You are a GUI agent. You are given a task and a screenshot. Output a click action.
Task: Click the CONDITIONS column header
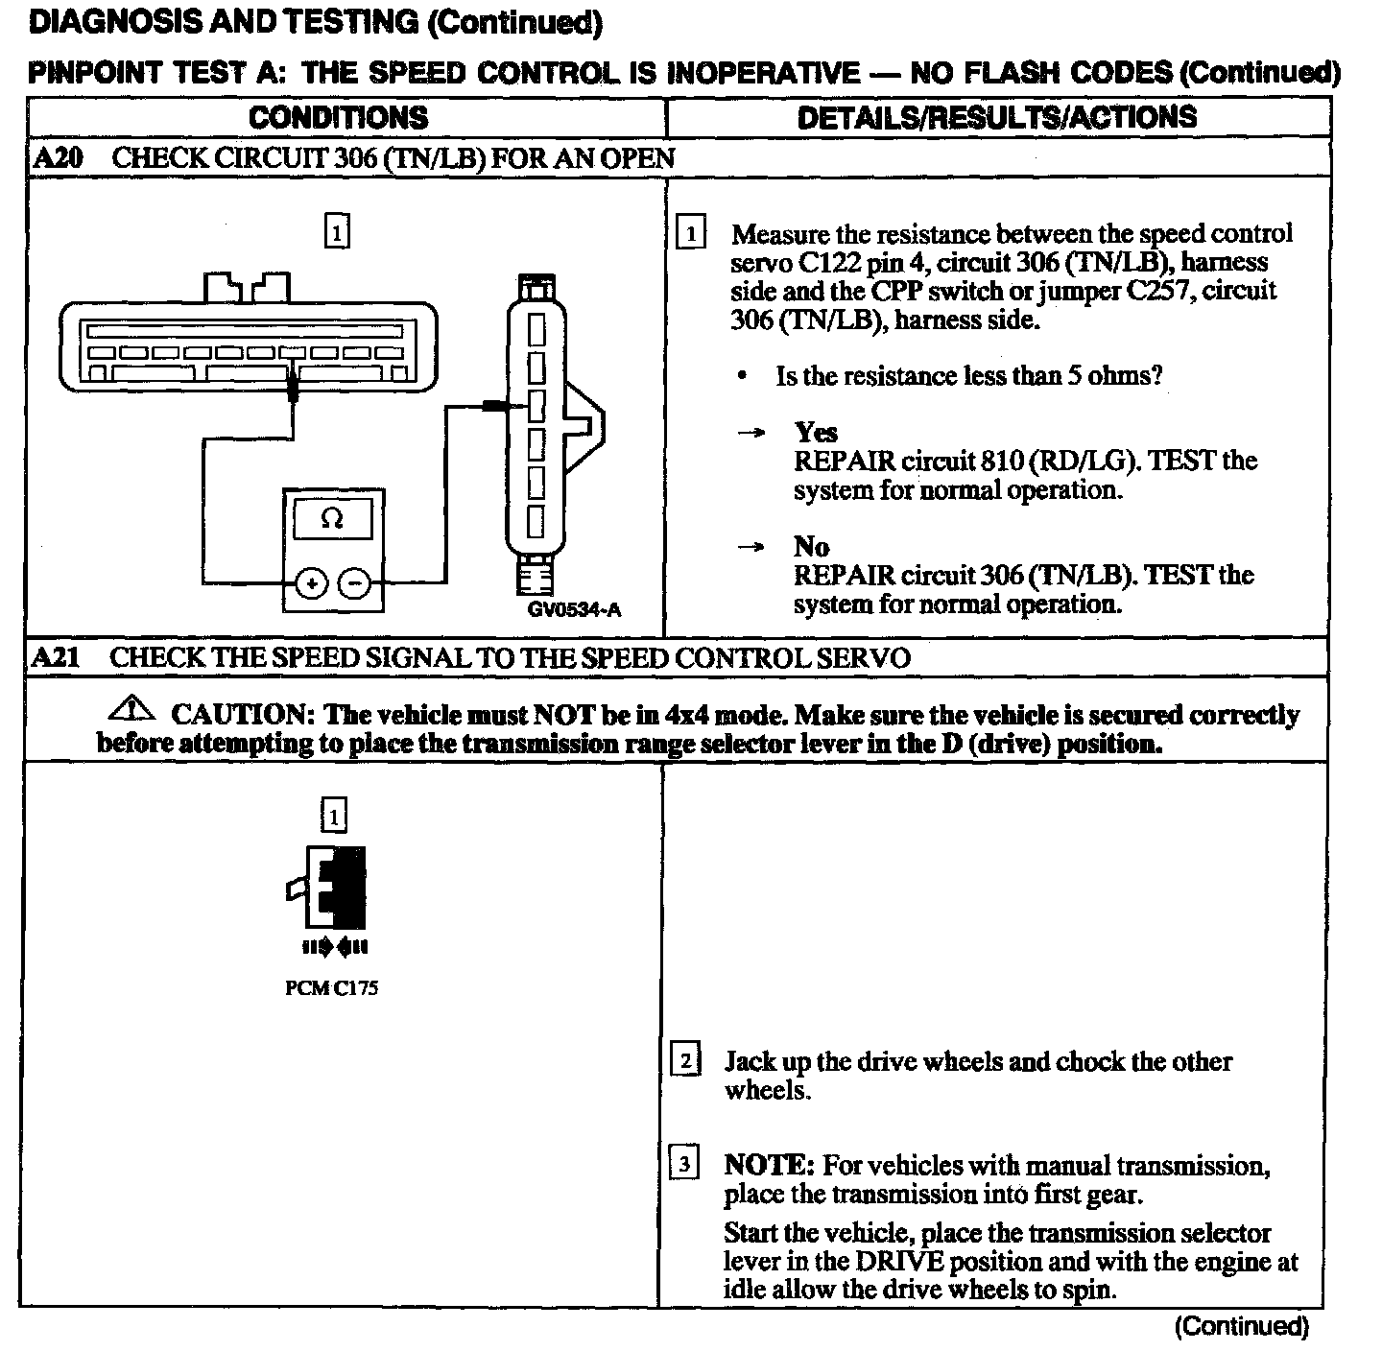click(338, 118)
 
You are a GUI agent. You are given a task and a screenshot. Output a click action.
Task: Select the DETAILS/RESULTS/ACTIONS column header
click(997, 118)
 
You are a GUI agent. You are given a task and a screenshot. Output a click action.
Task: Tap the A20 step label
click(58, 159)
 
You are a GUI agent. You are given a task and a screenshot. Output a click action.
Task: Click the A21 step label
click(56, 658)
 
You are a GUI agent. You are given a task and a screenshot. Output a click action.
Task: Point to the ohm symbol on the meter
click(332, 519)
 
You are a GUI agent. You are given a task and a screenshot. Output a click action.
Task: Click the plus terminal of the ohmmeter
click(311, 582)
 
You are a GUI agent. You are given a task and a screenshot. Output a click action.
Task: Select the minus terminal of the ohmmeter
click(354, 582)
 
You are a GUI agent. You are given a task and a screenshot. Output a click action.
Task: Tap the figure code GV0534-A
click(574, 610)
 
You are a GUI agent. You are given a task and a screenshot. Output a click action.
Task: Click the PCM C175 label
click(332, 989)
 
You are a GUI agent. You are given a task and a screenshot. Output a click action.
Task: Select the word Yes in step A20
click(816, 433)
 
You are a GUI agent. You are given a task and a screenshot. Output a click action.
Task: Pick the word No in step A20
click(811, 547)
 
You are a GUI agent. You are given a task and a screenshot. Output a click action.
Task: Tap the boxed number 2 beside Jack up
click(684, 1060)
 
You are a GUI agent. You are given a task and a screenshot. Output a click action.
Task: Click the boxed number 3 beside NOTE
click(683, 1164)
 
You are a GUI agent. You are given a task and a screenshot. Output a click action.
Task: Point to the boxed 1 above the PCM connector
click(333, 817)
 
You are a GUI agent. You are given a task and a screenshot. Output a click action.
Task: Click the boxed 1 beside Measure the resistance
click(691, 234)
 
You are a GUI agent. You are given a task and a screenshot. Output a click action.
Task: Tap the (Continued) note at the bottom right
click(1242, 1326)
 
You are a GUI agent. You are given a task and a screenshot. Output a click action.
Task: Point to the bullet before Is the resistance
click(742, 376)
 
